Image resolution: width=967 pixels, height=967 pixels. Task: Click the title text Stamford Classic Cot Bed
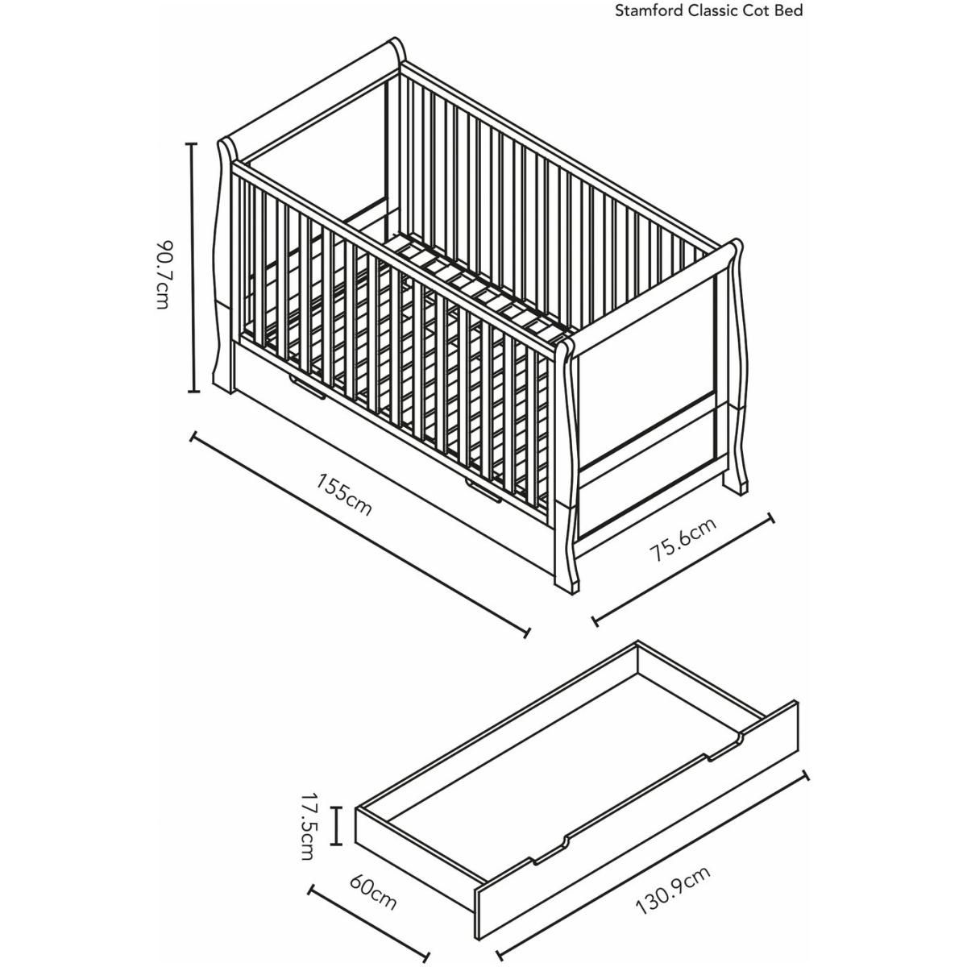point(708,11)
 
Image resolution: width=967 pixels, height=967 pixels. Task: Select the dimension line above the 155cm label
point(359,535)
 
